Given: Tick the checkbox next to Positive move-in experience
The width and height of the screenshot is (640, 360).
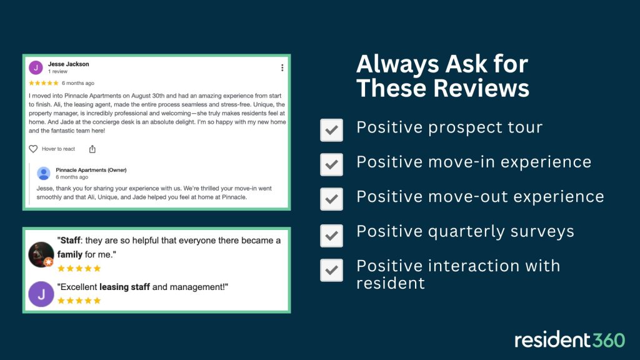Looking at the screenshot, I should pyautogui.click(x=331, y=164).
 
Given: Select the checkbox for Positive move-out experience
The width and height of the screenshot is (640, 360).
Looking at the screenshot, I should pyautogui.click(x=331, y=199).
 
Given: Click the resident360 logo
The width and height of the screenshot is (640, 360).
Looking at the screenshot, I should pyautogui.click(x=569, y=340).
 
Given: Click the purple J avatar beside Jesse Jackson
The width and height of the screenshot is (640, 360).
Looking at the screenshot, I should pyautogui.click(x=36, y=67).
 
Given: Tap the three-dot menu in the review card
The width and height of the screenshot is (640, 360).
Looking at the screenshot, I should pyautogui.click(x=282, y=67).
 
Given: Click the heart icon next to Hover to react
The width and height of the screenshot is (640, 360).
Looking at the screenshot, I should pyautogui.click(x=34, y=149).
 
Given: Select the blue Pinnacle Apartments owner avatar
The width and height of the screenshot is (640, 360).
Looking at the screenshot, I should pyautogui.click(x=44, y=174).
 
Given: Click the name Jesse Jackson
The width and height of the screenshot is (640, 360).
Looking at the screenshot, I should pyautogui.click(x=69, y=64).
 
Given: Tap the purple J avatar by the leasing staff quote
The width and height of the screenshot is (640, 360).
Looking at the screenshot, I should pyautogui.click(x=41, y=294).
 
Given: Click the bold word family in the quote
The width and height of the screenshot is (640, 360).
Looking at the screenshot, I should pyautogui.click(x=70, y=255).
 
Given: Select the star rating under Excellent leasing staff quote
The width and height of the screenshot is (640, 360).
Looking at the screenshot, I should pyautogui.click(x=79, y=301).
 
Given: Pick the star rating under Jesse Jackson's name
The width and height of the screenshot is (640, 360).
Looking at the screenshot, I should pyautogui.click(x=44, y=82).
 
